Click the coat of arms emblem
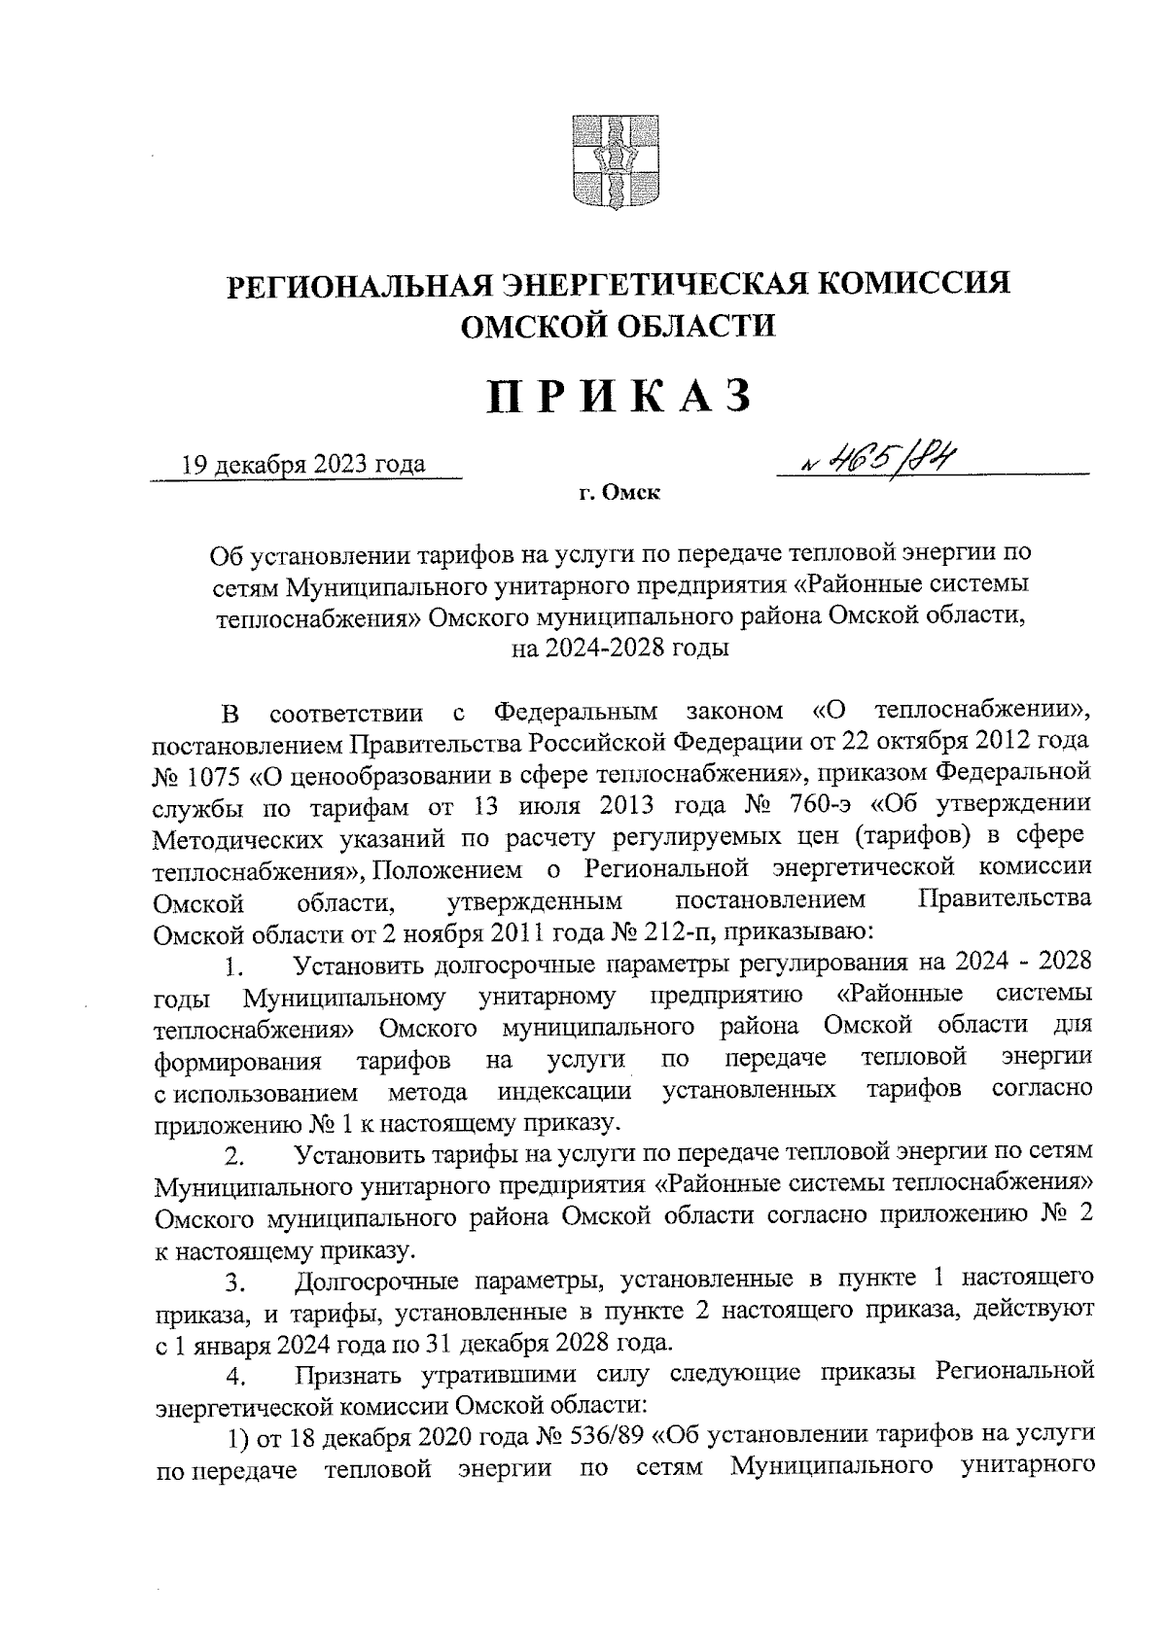tap(611, 162)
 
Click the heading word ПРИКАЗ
tap(620, 399)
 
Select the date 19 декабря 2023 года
tap(303, 464)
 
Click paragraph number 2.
tap(232, 1157)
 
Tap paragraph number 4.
tap(232, 1378)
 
